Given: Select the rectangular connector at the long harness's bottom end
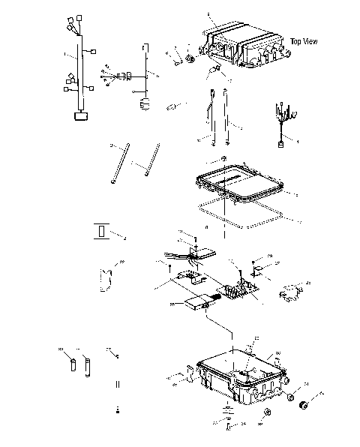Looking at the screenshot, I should tap(79, 115).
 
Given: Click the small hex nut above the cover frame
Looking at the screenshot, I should tap(224, 159).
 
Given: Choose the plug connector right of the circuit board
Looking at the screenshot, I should tap(292, 292).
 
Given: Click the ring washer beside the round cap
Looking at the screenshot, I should tap(289, 397).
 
